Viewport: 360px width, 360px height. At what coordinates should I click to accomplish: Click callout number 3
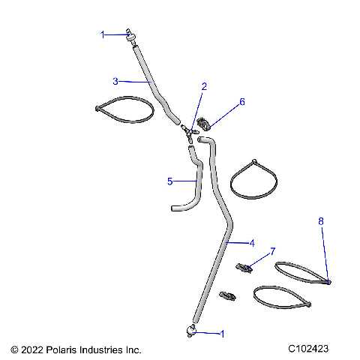[115, 80]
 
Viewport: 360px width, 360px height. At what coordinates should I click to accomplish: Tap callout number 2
[203, 86]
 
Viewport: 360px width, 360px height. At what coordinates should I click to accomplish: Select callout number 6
[241, 101]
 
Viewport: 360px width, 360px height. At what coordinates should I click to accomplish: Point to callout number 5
[169, 181]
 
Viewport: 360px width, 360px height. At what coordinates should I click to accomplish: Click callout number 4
[252, 243]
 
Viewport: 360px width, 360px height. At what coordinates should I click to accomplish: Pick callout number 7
[273, 250]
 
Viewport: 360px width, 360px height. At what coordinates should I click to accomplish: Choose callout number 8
[321, 221]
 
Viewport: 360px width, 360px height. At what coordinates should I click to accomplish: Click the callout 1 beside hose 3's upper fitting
[104, 34]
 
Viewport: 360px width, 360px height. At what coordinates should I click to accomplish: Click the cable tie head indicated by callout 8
[328, 281]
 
